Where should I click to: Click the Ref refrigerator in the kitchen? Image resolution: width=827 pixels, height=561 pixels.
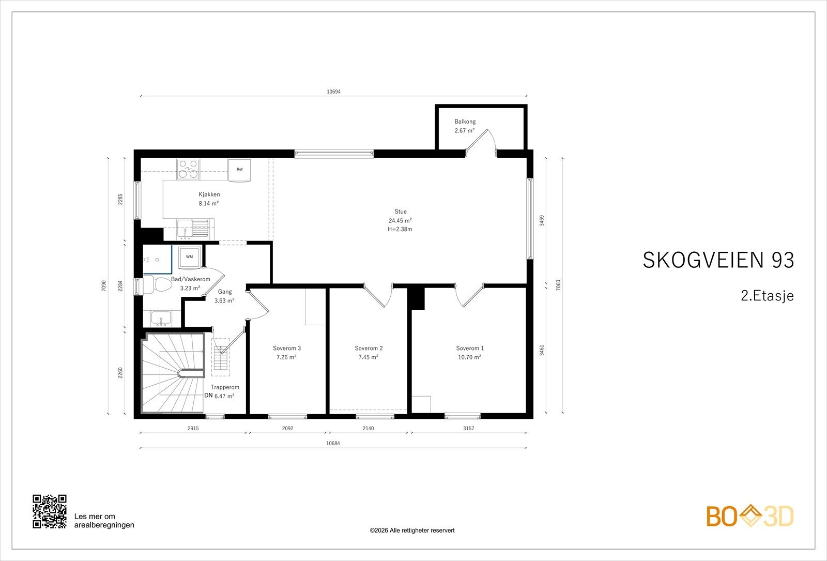(x=239, y=170)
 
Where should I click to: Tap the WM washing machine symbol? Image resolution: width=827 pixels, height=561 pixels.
(x=190, y=257)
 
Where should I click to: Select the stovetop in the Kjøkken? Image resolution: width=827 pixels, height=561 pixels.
(x=188, y=170)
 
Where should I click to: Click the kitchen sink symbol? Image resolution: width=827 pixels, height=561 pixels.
(x=192, y=228)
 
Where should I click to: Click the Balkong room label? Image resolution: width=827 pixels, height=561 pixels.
(x=465, y=122)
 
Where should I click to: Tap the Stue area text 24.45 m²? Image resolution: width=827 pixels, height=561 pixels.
(x=400, y=220)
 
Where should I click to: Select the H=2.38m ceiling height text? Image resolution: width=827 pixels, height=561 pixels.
(x=400, y=230)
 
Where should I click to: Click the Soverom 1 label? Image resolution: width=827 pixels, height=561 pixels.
(x=470, y=348)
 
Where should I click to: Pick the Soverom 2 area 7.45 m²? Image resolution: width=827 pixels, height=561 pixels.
(x=368, y=357)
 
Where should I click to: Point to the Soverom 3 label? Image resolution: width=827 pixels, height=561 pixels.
(x=287, y=348)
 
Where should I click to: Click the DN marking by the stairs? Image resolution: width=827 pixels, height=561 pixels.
(x=209, y=396)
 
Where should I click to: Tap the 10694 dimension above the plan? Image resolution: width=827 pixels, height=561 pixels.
(x=333, y=92)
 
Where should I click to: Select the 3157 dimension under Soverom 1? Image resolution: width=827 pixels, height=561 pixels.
(x=468, y=429)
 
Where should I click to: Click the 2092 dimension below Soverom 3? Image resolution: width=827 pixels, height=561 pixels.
(x=287, y=429)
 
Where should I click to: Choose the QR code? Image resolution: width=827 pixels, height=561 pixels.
(x=50, y=511)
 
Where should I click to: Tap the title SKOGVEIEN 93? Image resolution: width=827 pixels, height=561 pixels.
(x=718, y=260)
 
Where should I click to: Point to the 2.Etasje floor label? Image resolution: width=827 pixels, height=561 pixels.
(x=767, y=296)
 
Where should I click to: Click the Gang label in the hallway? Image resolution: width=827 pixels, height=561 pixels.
(x=225, y=292)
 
